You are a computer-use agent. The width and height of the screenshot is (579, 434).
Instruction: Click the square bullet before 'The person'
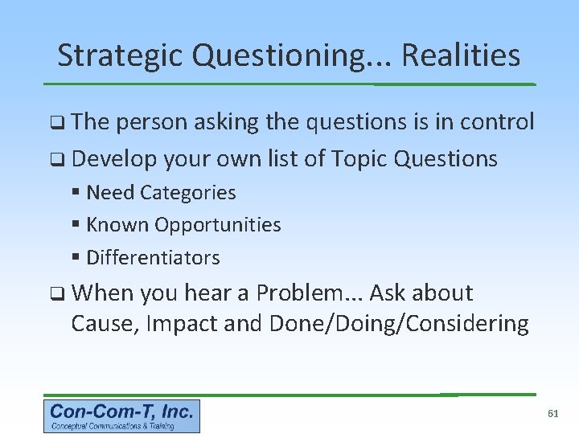(x=56, y=123)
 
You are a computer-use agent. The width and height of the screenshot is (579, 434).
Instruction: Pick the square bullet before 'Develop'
(x=56, y=160)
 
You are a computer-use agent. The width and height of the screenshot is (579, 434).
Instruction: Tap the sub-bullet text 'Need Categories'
(x=161, y=193)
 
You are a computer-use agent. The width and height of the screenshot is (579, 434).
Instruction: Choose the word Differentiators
(x=153, y=258)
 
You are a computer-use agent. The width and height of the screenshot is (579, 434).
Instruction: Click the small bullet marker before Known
(x=76, y=225)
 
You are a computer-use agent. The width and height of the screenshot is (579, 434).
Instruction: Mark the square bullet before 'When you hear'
(x=56, y=294)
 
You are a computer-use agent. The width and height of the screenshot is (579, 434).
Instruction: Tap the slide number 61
(x=552, y=413)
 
